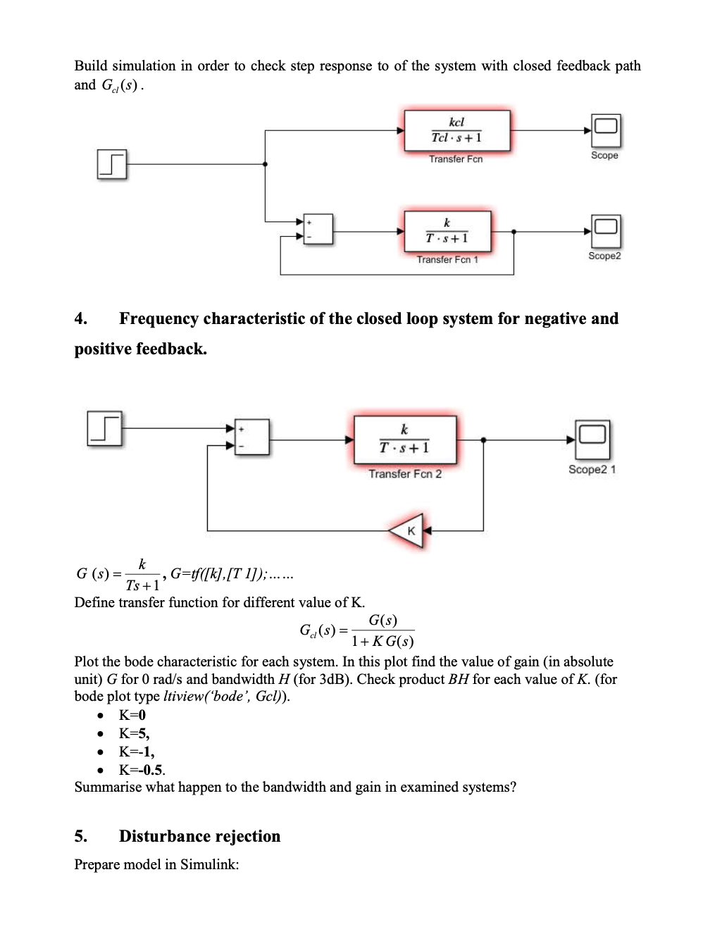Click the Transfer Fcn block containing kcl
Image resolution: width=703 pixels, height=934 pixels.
pos(456,130)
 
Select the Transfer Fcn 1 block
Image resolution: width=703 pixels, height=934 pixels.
pos(447,231)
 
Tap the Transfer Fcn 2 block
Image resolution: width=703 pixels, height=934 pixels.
pos(405,440)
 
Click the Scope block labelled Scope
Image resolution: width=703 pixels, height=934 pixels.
pos(605,130)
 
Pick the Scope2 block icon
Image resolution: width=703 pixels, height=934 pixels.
pos(605,231)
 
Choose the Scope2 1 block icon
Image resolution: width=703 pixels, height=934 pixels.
pos(592,439)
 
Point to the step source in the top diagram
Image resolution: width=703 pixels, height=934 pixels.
pos(111,164)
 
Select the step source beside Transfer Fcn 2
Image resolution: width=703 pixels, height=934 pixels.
pos(104,428)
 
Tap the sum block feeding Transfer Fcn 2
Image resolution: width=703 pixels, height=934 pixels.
pos(252,437)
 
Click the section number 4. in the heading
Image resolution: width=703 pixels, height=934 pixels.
pos(81,319)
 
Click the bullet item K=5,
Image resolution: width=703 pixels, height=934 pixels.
pos(134,733)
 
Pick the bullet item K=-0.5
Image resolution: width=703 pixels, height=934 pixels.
pos(142,770)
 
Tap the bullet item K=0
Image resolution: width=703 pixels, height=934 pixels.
pos(132,715)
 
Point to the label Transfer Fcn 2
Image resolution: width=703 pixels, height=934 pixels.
pos(405,474)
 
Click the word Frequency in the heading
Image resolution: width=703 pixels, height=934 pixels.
pos(158,319)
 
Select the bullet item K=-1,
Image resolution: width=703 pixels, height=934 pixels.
pos(137,752)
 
